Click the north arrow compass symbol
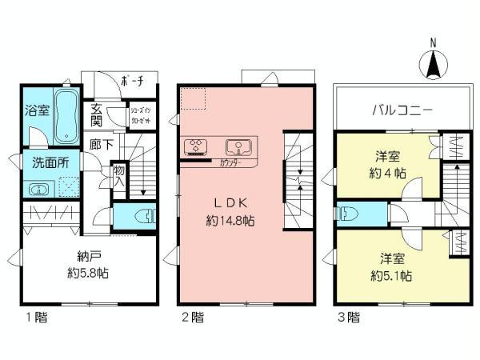[x=432, y=62]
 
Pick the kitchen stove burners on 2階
[x=196, y=146]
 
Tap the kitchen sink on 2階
[x=239, y=146]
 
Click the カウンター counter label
[x=232, y=162]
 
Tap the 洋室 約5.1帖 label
[x=391, y=266]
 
